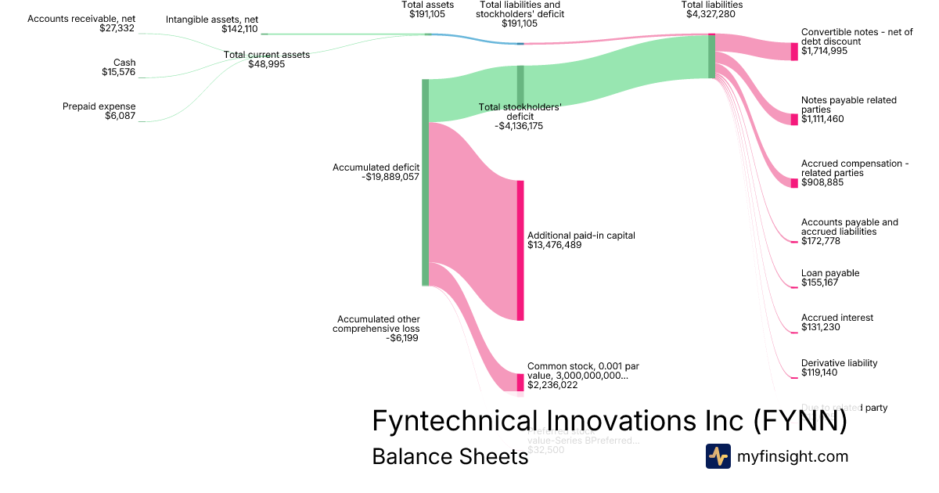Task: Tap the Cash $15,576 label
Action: point(118,67)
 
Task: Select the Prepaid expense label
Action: point(99,111)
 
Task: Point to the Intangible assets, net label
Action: point(211,24)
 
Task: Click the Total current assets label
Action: point(266,59)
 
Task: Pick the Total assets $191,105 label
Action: point(427,9)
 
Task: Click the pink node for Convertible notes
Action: point(794,51)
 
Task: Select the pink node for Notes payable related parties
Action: point(794,119)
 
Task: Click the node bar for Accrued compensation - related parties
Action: point(794,183)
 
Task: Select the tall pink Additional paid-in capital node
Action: point(520,250)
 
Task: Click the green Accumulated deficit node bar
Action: point(425,182)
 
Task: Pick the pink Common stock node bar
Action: point(520,382)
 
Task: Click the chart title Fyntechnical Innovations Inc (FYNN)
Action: point(609,421)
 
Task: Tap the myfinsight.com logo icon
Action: point(718,456)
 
